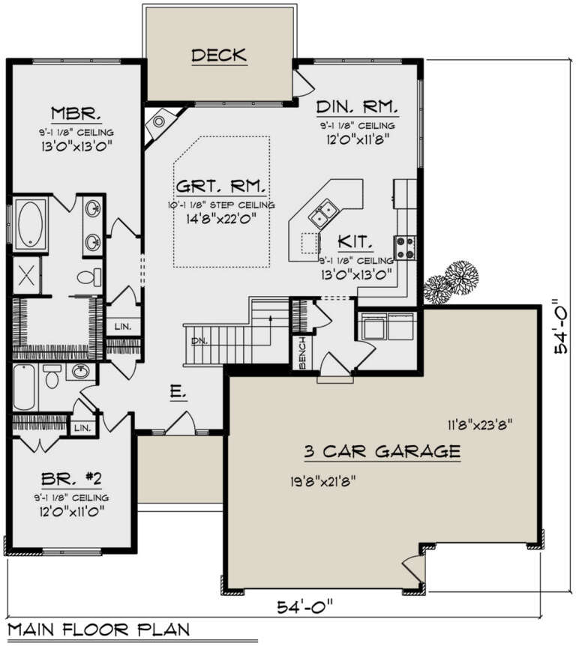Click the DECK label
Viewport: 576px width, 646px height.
coord(219,55)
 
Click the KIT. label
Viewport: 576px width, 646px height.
coord(352,241)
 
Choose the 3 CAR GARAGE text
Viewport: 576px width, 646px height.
coord(382,451)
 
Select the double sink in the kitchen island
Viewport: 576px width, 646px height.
coord(325,215)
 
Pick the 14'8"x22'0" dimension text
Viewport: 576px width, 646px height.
coord(222,219)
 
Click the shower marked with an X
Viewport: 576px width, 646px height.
coord(27,275)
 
